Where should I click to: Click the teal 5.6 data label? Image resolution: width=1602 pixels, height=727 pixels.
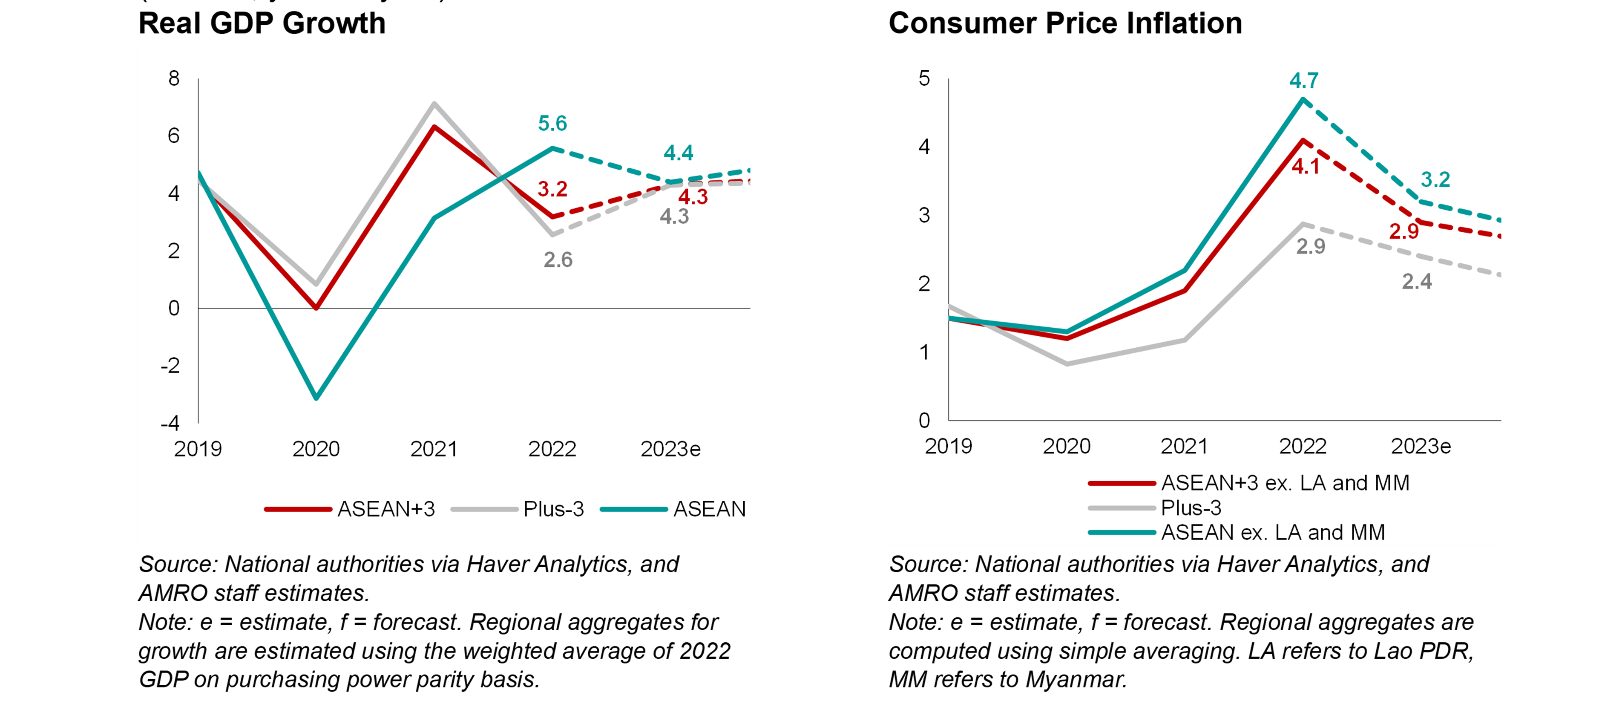tap(552, 123)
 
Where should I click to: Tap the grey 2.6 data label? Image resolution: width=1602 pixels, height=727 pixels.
tap(558, 260)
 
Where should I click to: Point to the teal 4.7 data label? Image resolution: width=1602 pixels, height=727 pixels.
tap(1303, 80)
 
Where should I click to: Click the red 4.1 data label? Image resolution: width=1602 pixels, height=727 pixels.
tap(1306, 166)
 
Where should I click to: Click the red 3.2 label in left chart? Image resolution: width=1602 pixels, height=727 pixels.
tap(552, 189)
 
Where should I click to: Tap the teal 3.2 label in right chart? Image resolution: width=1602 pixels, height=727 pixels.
tap(1435, 179)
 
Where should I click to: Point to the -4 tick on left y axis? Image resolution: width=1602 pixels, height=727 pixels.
tap(170, 423)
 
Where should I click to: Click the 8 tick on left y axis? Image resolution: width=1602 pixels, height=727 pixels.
tap(173, 78)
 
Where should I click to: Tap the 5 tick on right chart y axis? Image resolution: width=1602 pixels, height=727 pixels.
tap(924, 78)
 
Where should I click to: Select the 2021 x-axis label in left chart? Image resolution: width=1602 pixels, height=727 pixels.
tap(434, 449)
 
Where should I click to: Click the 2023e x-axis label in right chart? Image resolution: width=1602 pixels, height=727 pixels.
tap(1421, 446)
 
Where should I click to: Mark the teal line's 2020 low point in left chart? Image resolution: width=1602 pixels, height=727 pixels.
tap(316, 398)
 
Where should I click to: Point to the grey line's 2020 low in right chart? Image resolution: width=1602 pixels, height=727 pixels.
tap(1067, 363)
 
